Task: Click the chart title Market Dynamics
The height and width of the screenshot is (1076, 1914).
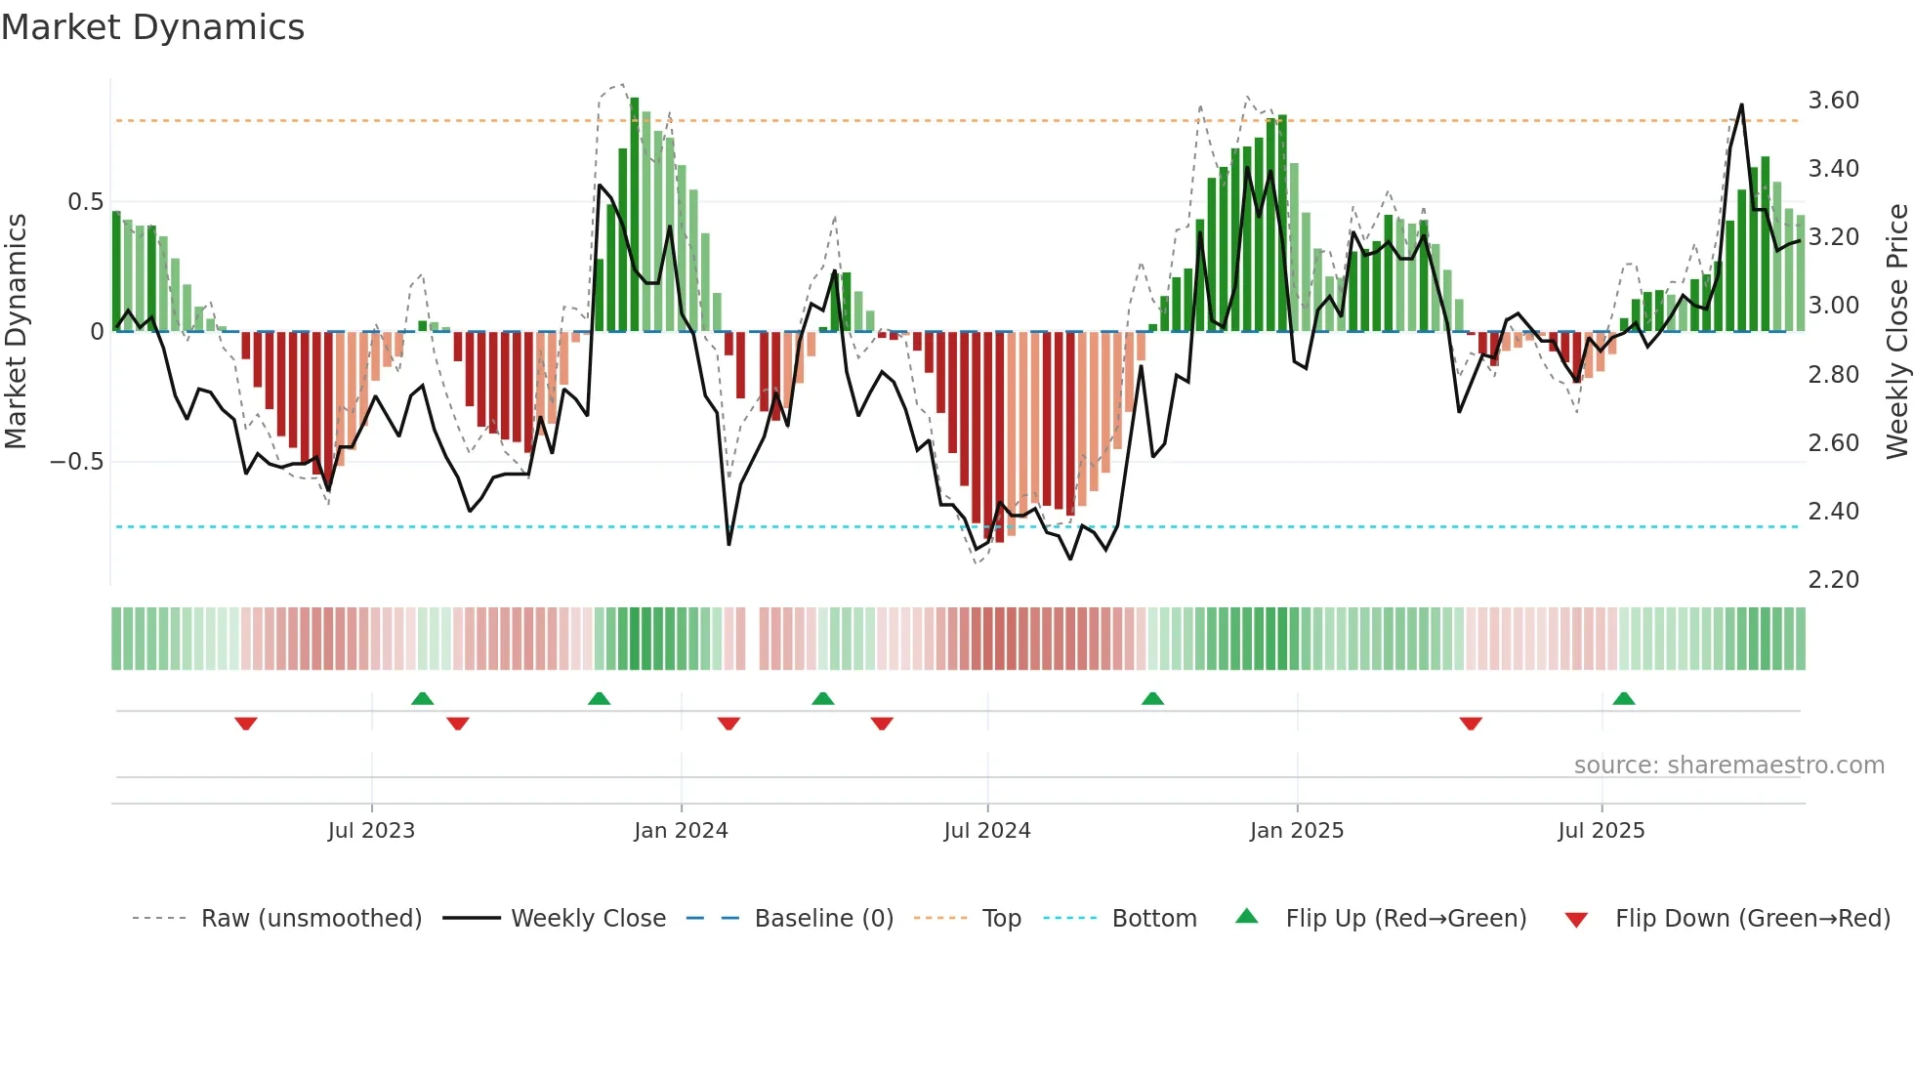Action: (x=153, y=27)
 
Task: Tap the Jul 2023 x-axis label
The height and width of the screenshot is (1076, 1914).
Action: (x=371, y=831)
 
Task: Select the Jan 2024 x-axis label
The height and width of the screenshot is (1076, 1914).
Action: (x=681, y=831)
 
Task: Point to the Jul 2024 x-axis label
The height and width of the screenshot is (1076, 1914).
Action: (x=987, y=831)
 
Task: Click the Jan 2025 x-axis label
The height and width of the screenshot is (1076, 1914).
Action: (x=1297, y=831)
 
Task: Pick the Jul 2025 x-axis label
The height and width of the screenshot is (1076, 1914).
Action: (x=1602, y=831)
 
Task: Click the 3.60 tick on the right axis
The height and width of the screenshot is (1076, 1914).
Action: (x=1833, y=101)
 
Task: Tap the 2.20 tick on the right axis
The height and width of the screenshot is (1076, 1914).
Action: (x=1833, y=580)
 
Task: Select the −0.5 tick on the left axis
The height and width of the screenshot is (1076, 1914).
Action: (x=77, y=462)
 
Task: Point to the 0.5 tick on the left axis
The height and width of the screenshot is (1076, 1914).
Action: (x=85, y=202)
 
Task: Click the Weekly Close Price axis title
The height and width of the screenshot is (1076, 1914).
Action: (x=1896, y=331)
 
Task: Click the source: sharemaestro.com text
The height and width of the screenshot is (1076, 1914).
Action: (x=1728, y=766)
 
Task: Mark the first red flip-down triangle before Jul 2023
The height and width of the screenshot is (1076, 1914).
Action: (x=246, y=724)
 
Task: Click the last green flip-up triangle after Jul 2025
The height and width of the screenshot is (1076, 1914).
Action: (x=1624, y=698)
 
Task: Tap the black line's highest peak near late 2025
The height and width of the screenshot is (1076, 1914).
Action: (x=1741, y=105)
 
